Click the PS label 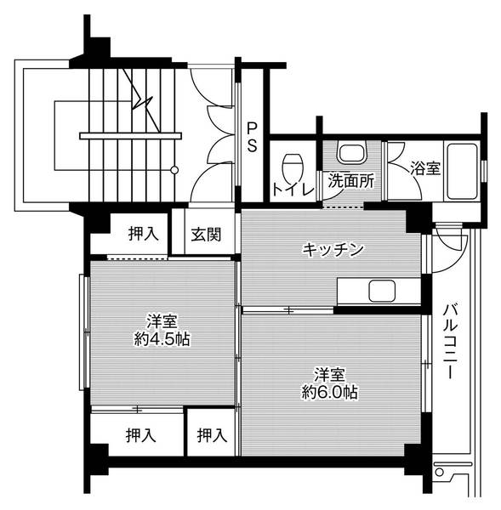point(253,136)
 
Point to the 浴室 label point(425,168)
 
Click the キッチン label point(334,250)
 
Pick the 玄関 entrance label point(205,234)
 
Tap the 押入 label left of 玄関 point(143,234)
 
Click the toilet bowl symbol point(293,161)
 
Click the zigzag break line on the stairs point(141,106)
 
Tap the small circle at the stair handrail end point(174,170)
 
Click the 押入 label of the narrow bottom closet point(211,435)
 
